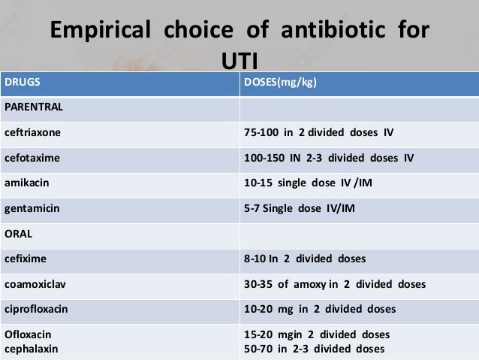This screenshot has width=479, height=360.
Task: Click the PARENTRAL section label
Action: click(x=34, y=107)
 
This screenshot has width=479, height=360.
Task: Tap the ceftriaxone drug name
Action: click(x=33, y=133)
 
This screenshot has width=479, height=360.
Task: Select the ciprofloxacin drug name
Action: click(x=37, y=309)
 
